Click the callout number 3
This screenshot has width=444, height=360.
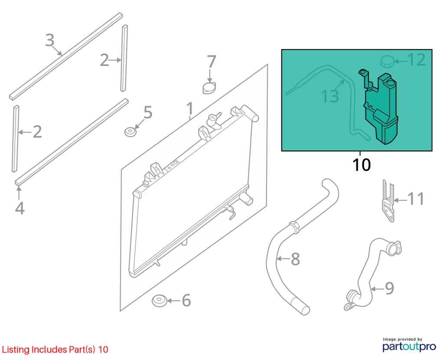point(50,40)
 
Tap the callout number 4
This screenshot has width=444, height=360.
point(20,208)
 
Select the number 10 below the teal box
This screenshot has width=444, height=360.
point(362,165)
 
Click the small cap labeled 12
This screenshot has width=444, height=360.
point(387,62)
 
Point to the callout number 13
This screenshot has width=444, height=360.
point(330,96)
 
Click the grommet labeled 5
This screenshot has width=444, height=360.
point(130,132)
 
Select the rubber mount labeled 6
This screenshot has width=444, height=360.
point(160,301)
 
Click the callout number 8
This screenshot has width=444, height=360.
point(295,259)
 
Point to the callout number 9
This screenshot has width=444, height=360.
point(390,288)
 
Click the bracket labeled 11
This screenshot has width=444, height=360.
point(388,201)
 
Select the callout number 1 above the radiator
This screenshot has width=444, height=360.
point(190,109)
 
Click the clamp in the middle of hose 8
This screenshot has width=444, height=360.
point(295,227)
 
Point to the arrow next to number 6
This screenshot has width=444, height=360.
point(174,301)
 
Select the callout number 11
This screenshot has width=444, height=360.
point(416,199)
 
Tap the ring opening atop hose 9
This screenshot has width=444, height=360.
point(393,249)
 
